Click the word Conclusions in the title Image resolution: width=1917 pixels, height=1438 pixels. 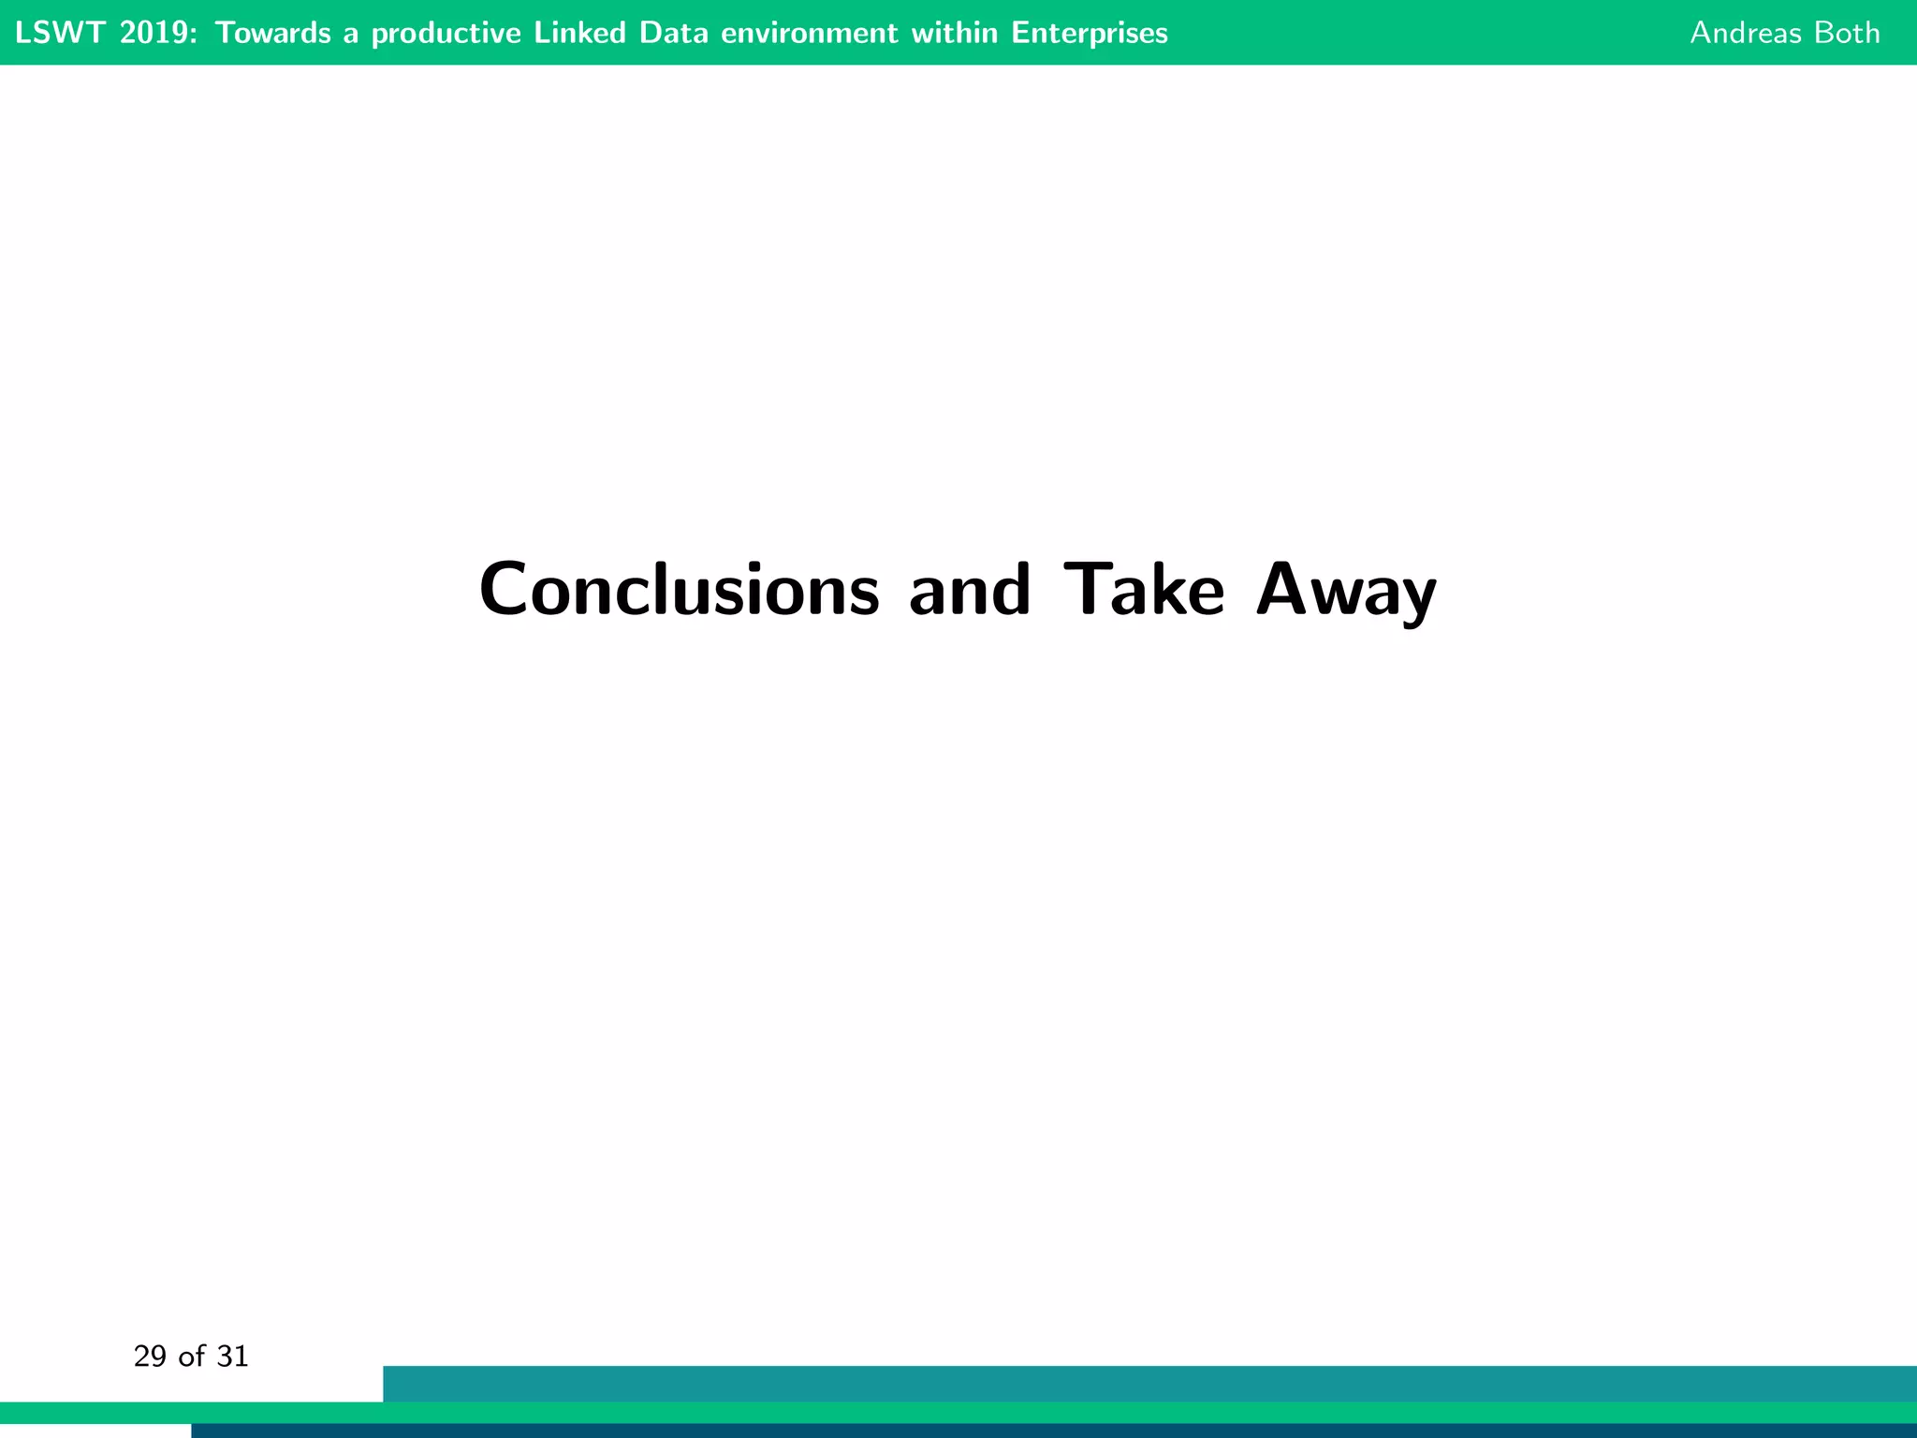(x=679, y=591)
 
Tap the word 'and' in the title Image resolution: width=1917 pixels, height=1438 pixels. (x=970, y=591)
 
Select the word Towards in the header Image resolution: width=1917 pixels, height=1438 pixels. (x=272, y=33)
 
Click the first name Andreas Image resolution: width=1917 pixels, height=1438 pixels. (x=1746, y=33)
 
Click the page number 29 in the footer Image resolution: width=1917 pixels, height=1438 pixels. (x=150, y=1357)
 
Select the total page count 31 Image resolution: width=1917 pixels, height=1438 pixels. (x=232, y=1357)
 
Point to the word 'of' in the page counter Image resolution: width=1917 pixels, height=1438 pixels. (x=191, y=1357)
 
